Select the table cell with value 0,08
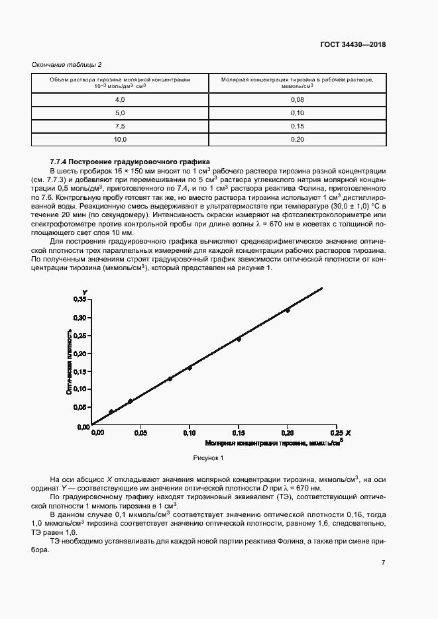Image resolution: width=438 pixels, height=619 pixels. pyautogui.click(x=297, y=99)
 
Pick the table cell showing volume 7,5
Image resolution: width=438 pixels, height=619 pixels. pyautogui.click(x=120, y=126)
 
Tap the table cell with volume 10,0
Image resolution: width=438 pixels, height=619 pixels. pyautogui.click(x=120, y=139)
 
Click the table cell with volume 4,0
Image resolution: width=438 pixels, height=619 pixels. pyautogui.click(x=120, y=99)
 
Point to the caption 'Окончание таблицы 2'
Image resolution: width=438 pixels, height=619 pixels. pyautogui.click(x=66, y=64)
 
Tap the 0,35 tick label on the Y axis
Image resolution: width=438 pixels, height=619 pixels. pyautogui.click(x=80, y=300)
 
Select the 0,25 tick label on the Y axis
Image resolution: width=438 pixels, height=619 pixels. pyautogui.click(x=80, y=336)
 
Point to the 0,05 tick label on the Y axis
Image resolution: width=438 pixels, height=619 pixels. pyautogui.click(x=80, y=407)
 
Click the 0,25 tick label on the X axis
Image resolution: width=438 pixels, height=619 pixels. pyautogui.click(x=336, y=433)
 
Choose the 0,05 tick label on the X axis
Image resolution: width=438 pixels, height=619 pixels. pyautogui.click(x=140, y=433)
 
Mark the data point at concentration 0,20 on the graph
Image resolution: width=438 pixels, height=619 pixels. pyautogui.click(x=287, y=310)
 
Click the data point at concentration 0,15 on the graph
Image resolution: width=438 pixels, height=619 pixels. pyautogui.click(x=239, y=339)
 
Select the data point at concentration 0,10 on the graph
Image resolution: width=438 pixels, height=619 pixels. pyautogui.click(x=190, y=368)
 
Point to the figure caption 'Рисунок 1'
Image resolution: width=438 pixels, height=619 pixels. pyautogui.click(x=209, y=457)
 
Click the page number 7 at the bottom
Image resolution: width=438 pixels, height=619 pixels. pyautogui.click(x=383, y=563)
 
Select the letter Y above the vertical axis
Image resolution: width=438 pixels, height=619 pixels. pyautogui.click(x=84, y=292)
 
